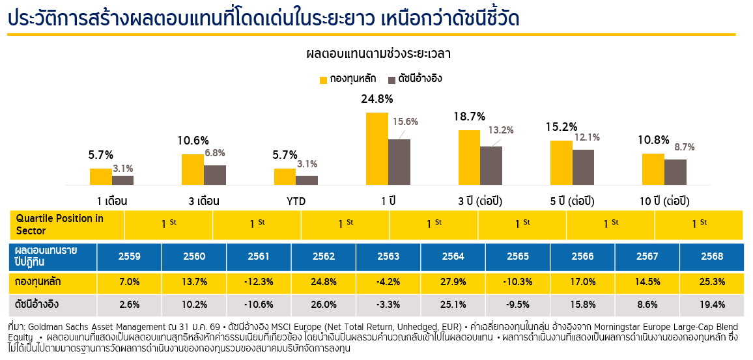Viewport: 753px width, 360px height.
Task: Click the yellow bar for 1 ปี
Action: click(377, 148)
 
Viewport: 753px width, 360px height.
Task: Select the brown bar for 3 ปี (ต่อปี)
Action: click(491, 165)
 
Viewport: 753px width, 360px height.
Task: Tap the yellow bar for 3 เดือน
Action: click(193, 169)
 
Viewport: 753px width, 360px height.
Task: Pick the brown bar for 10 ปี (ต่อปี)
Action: click(675, 172)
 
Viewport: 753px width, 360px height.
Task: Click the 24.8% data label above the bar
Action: click(377, 100)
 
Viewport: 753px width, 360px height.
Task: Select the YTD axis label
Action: click(296, 201)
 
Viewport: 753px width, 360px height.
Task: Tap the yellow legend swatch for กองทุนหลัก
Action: click(323, 80)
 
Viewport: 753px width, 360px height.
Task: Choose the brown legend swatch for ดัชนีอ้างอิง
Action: click(391, 80)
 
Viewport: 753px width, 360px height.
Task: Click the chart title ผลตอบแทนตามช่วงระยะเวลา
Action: click(378, 53)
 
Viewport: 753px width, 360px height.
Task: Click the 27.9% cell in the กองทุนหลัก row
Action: click(453, 283)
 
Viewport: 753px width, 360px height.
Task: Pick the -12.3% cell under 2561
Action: click(259, 283)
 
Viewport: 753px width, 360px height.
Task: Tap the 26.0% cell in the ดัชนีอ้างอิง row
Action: click(324, 304)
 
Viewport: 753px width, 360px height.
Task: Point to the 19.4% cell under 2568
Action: click(711, 304)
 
